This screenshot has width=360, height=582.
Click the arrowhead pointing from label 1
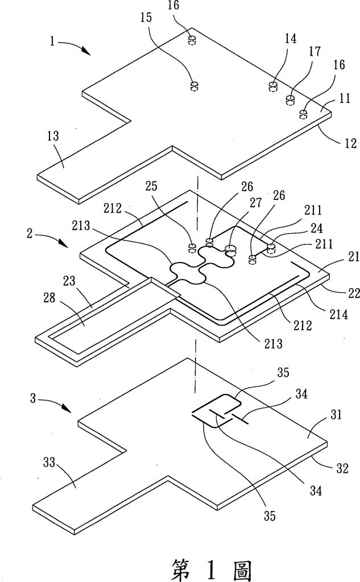88,53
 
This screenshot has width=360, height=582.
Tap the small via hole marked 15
193,86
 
